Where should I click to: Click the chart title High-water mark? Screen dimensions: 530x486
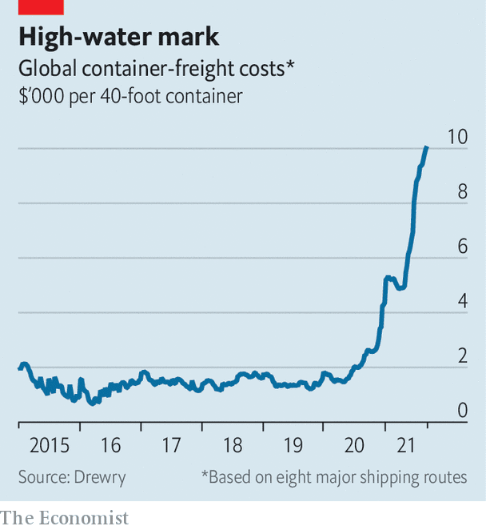coord(118,37)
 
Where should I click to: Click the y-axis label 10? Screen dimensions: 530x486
coord(456,136)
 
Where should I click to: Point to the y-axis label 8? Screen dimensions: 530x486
coord(462,192)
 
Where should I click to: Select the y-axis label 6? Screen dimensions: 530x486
coord(462,247)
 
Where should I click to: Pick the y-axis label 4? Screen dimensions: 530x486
coord(462,302)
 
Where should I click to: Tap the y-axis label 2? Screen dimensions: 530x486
coord(462,356)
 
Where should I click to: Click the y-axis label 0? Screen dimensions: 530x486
coord(462,411)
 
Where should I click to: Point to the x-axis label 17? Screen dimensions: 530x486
coord(171,445)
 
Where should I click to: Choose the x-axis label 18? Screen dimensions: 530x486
coord(233,445)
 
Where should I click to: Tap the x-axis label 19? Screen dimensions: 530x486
coord(293,445)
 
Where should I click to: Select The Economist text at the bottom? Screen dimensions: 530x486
coord(64,518)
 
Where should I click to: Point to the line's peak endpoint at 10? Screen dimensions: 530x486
coord(426,148)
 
